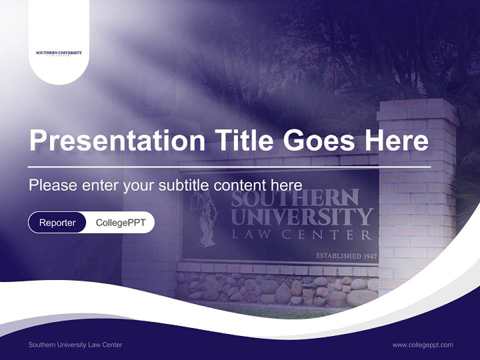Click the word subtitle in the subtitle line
coord(185,185)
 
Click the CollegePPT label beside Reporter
coord(120,222)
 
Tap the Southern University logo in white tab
coord(59,53)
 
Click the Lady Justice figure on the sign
coord(206,220)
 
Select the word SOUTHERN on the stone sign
coord(295,198)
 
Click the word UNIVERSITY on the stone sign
coord(302,217)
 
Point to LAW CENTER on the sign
coord(302,234)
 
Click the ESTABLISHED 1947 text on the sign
coord(345,256)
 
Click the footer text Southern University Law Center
coord(75,345)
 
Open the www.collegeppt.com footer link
coord(422,345)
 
